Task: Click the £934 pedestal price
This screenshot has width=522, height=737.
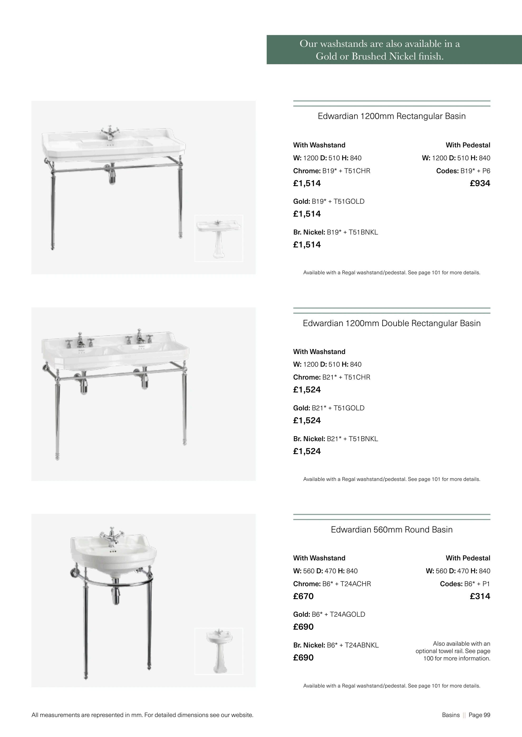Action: coord(480,184)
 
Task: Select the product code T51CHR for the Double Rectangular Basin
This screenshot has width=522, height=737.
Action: coord(357,377)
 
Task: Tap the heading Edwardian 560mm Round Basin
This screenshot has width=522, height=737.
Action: coord(391,530)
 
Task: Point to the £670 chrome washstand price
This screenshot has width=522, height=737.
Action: coord(303,596)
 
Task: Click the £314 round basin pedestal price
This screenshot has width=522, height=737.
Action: coord(480,596)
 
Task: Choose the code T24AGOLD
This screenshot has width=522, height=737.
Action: coord(347,614)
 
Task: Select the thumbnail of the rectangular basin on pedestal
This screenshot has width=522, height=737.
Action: coord(219,238)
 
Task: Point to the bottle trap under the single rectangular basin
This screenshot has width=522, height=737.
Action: coord(112,176)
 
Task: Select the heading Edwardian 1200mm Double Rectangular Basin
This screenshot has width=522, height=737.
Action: coord(391,323)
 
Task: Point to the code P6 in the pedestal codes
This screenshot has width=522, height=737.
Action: coord(486,171)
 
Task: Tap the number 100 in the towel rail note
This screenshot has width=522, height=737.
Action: coord(428,658)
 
